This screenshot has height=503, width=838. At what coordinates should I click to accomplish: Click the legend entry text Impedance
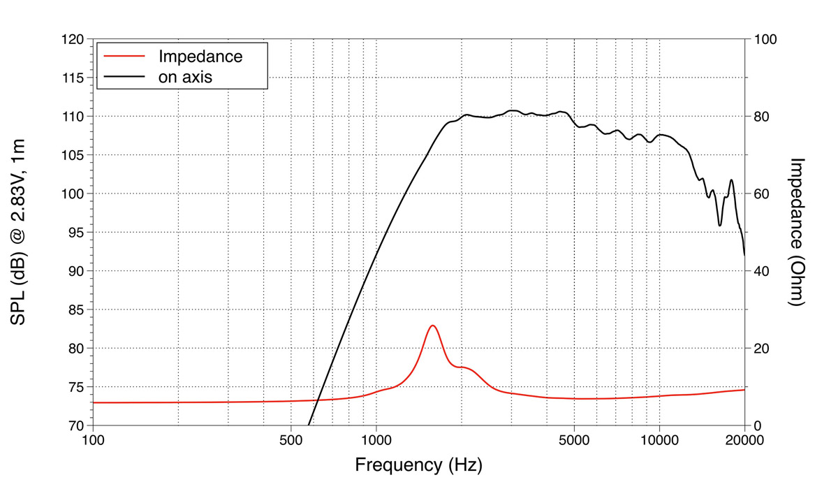(201, 57)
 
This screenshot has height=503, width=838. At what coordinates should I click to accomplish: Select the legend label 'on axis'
(186, 77)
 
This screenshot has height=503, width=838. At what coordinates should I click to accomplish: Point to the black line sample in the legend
(123, 77)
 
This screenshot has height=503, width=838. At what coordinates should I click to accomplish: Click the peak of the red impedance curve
(433, 326)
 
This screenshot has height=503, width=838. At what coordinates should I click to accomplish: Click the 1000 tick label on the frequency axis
(376, 440)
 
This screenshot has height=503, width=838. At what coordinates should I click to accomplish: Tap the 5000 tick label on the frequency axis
(574, 440)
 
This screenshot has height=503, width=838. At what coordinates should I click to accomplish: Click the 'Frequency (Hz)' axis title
(418, 465)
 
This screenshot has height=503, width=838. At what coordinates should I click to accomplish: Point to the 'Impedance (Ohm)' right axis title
(797, 232)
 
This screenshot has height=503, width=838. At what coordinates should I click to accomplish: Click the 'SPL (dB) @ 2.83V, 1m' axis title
(19, 232)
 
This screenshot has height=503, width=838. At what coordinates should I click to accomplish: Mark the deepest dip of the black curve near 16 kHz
(720, 225)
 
